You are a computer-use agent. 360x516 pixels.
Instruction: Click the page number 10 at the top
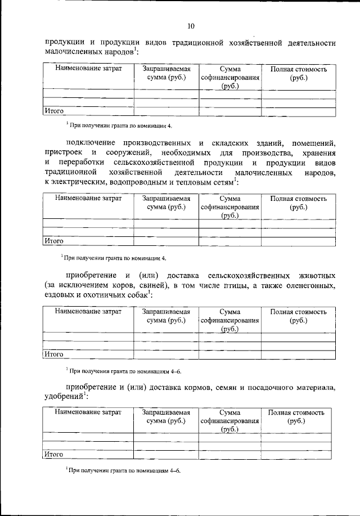click(x=190, y=26)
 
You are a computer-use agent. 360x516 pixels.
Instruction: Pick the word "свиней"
click(x=146, y=285)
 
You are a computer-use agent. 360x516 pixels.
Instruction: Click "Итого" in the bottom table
click(x=54, y=454)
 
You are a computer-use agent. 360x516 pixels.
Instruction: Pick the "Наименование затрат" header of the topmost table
click(x=88, y=69)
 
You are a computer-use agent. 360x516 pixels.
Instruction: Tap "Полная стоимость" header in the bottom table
click(x=298, y=412)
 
